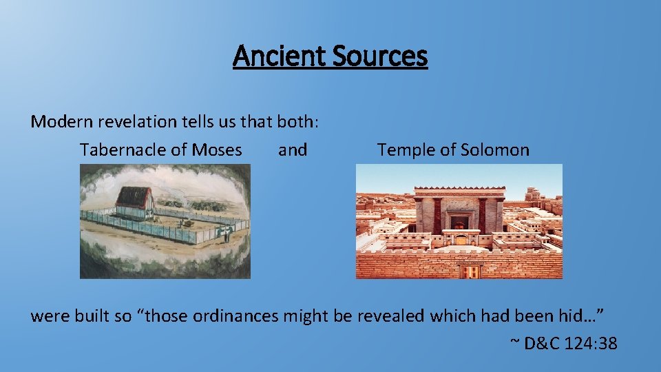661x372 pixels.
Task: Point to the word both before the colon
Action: click(294, 122)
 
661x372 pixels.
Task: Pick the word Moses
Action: click(217, 149)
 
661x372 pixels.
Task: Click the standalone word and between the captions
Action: click(293, 149)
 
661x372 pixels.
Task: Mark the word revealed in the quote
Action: click(393, 316)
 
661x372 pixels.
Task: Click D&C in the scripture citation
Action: click(542, 342)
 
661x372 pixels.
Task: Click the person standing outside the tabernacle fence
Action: click(226, 235)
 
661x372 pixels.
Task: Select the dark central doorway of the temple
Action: click(459, 222)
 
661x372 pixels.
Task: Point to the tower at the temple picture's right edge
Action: click(532, 194)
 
